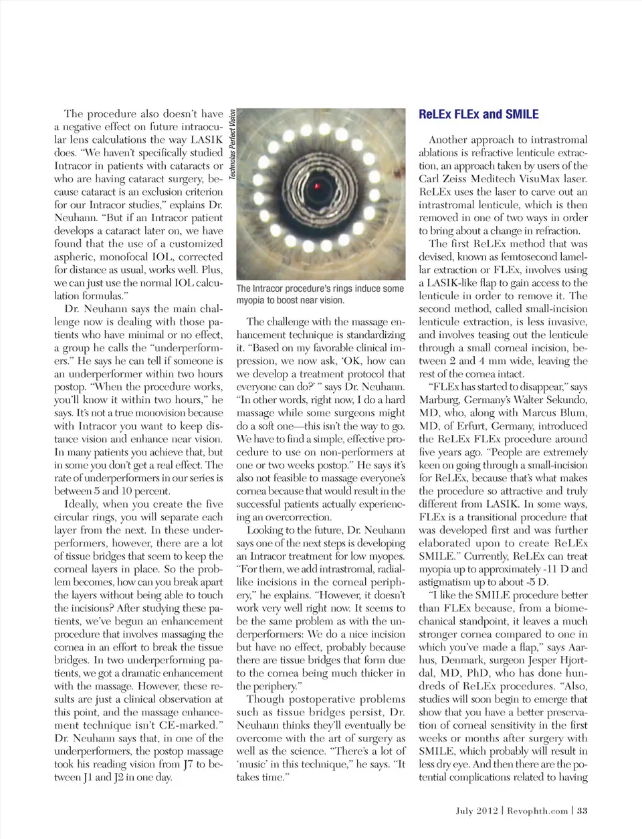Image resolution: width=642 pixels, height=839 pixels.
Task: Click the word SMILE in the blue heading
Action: click(521, 114)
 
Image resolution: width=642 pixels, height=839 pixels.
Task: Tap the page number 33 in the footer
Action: click(582, 810)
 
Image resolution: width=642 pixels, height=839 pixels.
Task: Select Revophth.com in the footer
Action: click(538, 810)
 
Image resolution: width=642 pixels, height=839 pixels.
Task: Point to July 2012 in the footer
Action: click(477, 810)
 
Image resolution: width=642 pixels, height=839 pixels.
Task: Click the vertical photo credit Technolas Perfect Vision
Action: click(232, 144)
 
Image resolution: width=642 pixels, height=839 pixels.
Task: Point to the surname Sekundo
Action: click(566, 400)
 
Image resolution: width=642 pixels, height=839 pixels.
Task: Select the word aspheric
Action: click(76, 257)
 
